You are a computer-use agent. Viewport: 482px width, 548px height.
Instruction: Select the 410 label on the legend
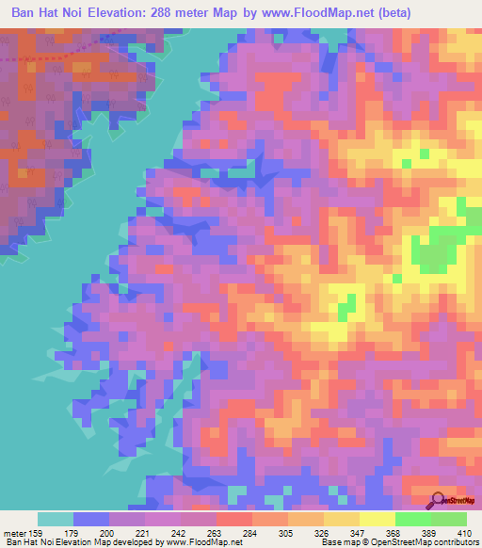click(x=464, y=532)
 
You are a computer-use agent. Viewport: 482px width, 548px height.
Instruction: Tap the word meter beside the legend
click(x=15, y=532)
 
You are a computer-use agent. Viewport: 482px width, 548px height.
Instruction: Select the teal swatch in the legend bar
click(x=56, y=519)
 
